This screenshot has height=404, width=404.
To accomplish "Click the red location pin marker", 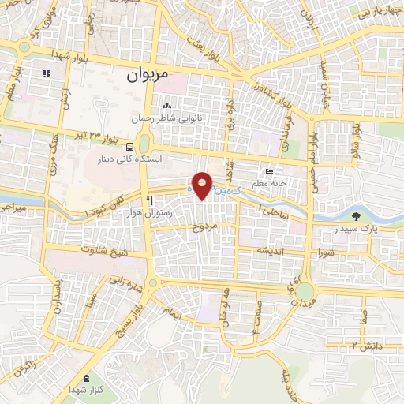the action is click(203, 185).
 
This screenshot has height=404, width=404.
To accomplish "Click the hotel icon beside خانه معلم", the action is click(270, 171).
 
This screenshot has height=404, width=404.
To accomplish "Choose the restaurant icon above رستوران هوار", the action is click(149, 200).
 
